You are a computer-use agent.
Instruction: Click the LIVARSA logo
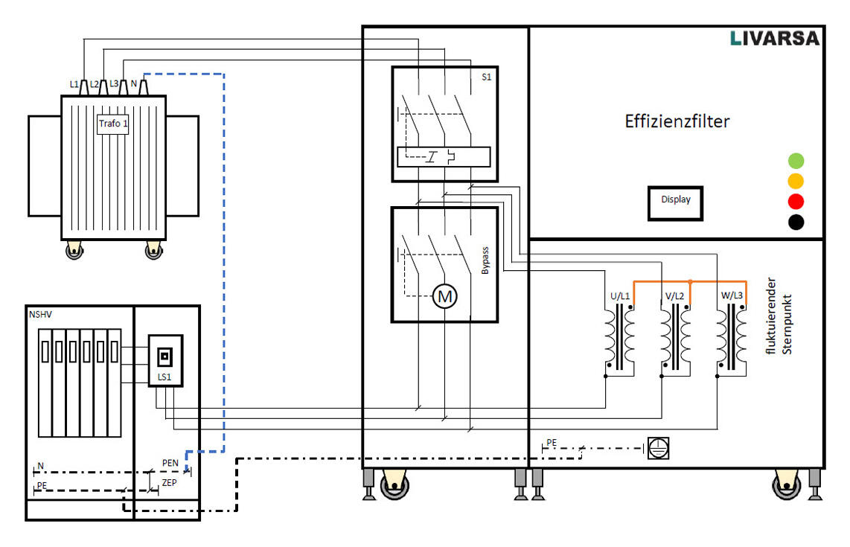[774, 38]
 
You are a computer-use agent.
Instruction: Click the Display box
[675, 200]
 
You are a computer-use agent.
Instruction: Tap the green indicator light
[796, 160]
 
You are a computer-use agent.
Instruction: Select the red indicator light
[796, 201]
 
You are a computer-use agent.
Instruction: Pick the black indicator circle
[796, 222]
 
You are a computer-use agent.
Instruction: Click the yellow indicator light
[796, 180]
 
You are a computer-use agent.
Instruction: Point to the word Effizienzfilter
[677, 121]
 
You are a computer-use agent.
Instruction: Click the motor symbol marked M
[445, 297]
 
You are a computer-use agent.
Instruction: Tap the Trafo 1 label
[113, 124]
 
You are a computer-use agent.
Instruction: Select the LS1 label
[164, 377]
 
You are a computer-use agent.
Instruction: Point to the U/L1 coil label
[620, 296]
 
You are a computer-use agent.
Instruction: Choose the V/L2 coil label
[675, 296]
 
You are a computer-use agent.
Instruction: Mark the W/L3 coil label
[732, 296]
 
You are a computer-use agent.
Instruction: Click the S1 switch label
[487, 77]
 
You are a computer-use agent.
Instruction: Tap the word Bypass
[485, 261]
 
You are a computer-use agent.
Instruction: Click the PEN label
[170, 463]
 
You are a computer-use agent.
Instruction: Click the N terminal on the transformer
[134, 84]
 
